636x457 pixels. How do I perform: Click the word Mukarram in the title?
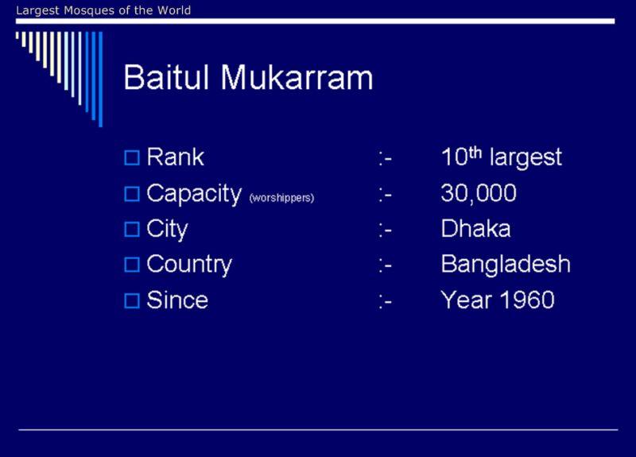(x=297, y=76)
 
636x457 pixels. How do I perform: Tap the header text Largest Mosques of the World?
(x=103, y=10)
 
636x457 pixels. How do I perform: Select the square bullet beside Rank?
(x=132, y=157)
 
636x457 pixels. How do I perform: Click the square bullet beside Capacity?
(x=132, y=194)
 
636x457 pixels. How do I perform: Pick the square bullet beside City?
(x=132, y=230)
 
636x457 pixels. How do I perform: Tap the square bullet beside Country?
(x=132, y=265)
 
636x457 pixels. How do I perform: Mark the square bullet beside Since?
(x=132, y=301)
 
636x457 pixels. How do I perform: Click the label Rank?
(x=175, y=157)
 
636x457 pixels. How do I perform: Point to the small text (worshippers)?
(x=282, y=198)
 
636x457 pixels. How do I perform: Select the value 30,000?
(x=479, y=193)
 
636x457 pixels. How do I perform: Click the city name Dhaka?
(x=475, y=228)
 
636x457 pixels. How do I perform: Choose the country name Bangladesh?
(x=506, y=265)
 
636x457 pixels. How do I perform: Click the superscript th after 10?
(x=475, y=153)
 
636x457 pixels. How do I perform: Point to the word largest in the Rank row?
(x=525, y=157)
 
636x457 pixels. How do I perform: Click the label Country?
(x=189, y=265)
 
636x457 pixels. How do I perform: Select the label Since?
(x=177, y=300)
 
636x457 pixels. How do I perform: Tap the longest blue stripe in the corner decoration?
(x=101, y=79)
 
